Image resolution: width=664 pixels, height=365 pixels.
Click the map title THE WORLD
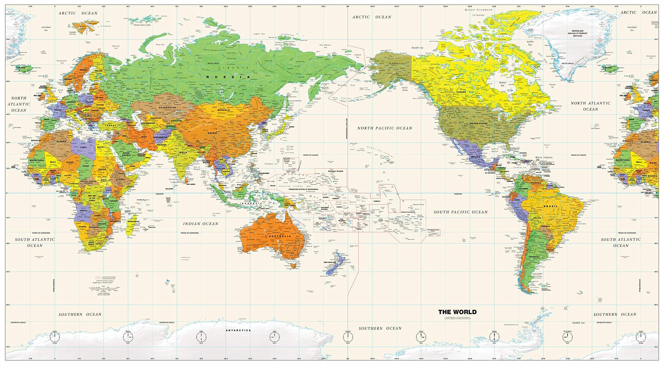coord(457,312)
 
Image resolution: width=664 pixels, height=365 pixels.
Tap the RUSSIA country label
coord(228,77)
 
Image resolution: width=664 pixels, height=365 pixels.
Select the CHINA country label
coord(212,133)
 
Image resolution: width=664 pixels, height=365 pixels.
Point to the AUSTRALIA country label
coord(280,236)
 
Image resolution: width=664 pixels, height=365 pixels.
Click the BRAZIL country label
coord(550,206)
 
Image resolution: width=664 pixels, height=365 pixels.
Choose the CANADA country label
coord(468,92)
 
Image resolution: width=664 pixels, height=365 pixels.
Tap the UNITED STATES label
coord(479,124)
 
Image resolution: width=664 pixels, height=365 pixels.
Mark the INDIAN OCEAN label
coord(200,224)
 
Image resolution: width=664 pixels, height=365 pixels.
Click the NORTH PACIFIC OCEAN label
coord(384,128)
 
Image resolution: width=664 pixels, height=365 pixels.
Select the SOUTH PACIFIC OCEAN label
coord(461,212)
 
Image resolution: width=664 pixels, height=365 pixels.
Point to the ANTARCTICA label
coord(238,330)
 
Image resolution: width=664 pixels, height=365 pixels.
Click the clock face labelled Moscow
coord(128,337)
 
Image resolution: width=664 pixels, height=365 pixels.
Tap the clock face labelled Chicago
coord(494,337)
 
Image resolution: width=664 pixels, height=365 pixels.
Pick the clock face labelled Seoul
coord(274,337)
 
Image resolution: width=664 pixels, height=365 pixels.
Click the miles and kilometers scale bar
coord(103,288)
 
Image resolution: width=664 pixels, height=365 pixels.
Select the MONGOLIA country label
coord(224,110)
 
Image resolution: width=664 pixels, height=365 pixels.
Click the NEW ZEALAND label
coord(330,262)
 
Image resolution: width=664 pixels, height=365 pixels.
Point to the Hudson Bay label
coord(502,84)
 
